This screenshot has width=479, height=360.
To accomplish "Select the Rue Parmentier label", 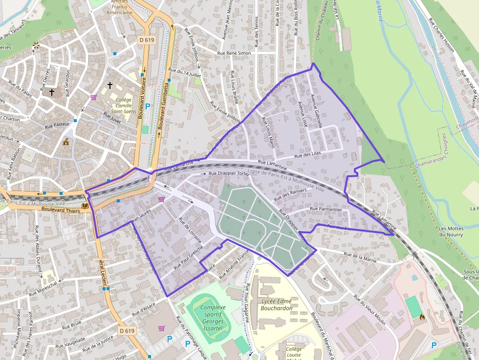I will pyautogui.click(x=326, y=209).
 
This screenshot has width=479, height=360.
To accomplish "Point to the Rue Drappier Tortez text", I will pyautogui.click(x=229, y=173).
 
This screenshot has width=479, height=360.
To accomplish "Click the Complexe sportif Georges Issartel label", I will pyautogui.click(x=213, y=318).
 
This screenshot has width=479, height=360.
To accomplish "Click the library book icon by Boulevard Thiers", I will pyautogui.click(x=86, y=207).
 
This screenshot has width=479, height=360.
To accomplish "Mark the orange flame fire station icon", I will pyautogui.click(x=422, y=317).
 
